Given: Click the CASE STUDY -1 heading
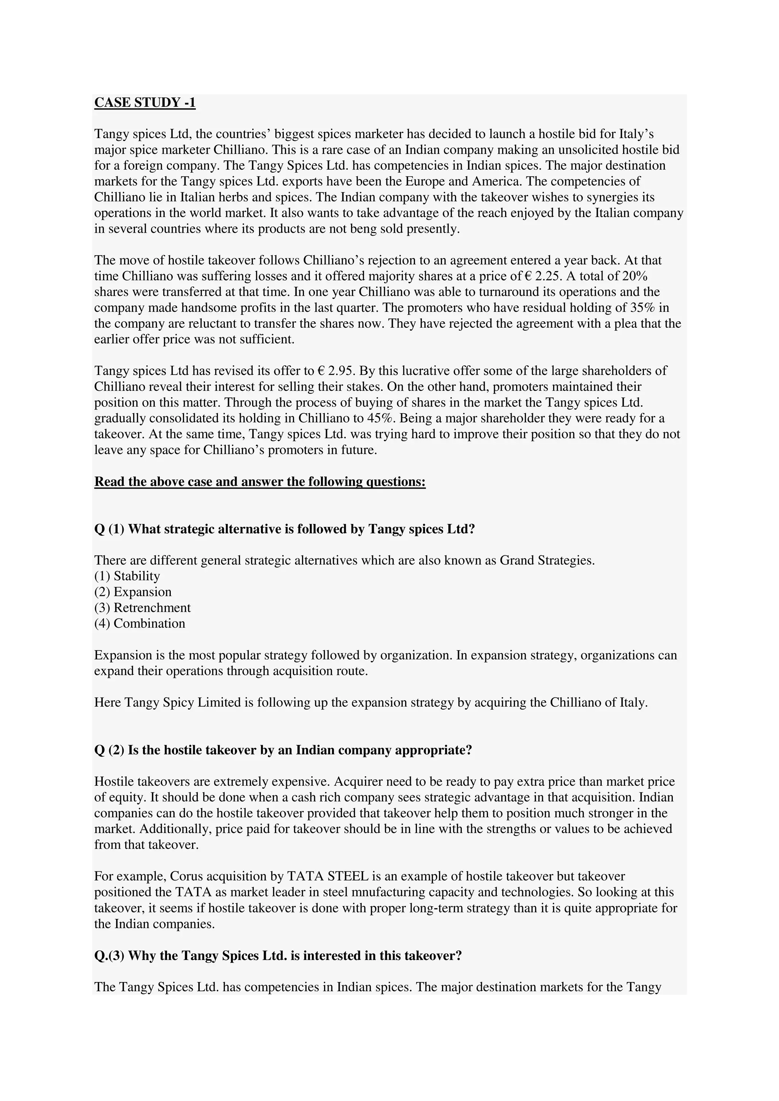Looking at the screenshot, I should coord(145,103).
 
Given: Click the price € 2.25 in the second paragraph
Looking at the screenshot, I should coord(543,276).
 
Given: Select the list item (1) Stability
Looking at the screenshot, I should coord(127,576).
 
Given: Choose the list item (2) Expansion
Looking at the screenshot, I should coord(133,592).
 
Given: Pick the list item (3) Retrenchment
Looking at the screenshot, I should coord(143,608).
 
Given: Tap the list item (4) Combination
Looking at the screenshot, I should coord(140,623).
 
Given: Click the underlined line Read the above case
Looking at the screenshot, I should coord(260,481).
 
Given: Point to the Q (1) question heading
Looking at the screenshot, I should coord(285,529).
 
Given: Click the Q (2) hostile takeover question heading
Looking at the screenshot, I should coord(283,750).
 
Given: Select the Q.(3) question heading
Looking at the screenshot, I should coord(278,956).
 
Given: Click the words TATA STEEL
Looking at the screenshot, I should coord(327,877).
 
